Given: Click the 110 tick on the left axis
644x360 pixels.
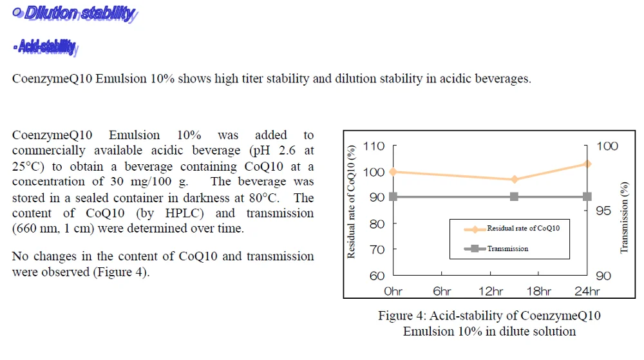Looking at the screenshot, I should [x=374, y=146].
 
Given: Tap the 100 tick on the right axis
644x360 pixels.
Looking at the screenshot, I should [x=607, y=146].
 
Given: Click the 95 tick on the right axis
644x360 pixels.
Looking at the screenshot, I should [x=603, y=211].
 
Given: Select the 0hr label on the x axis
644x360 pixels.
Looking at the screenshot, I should [x=393, y=291].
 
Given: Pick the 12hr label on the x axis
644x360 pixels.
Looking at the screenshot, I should [x=491, y=291].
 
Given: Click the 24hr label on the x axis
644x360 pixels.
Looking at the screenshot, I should [x=587, y=291].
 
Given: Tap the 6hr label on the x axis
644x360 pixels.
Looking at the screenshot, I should [x=442, y=291].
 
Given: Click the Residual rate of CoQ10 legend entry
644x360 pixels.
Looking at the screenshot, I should [x=523, y=229].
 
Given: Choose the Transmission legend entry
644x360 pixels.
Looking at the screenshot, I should [x=507, y=249].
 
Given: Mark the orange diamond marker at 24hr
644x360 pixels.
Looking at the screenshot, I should [x=587, y=164].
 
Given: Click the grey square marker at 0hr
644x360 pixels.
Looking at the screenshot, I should [x=393, y=196].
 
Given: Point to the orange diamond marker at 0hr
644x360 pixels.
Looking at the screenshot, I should [x=393, y=171].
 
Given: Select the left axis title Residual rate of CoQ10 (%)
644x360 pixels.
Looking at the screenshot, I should [x=352, y=202].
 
